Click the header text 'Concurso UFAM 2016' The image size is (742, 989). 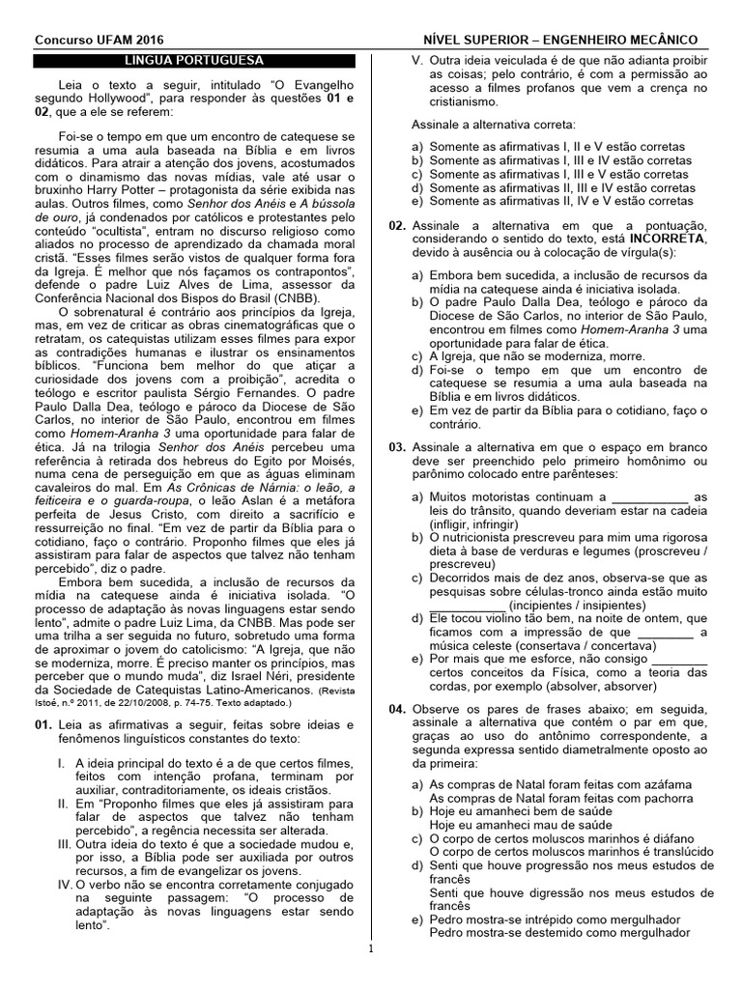click(100, 40)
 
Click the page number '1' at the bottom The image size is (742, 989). click(370, 949)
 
